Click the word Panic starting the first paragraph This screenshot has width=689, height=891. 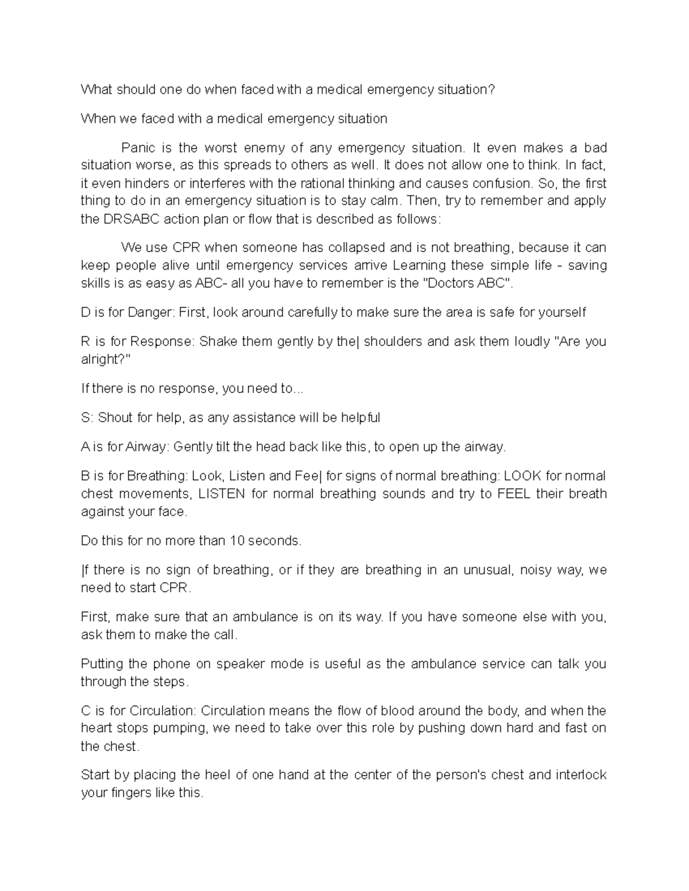pos(138,148)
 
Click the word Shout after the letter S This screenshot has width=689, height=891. pos(115,418)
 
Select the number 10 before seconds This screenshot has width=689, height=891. pos(237,541)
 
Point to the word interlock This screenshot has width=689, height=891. pos(580,776)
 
